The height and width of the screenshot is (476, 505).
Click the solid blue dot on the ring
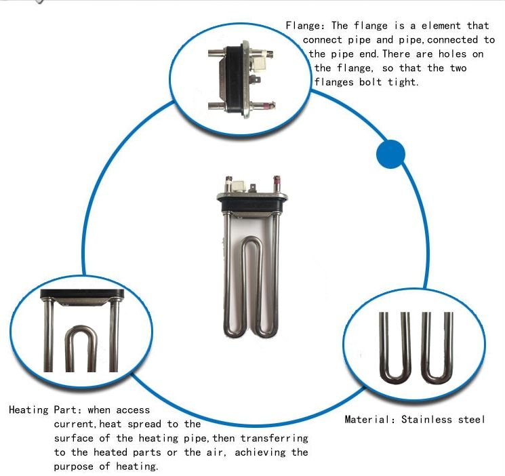390,155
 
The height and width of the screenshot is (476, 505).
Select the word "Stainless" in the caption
426,419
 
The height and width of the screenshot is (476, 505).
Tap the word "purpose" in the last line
75,467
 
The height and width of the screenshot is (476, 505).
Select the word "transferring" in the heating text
274,438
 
